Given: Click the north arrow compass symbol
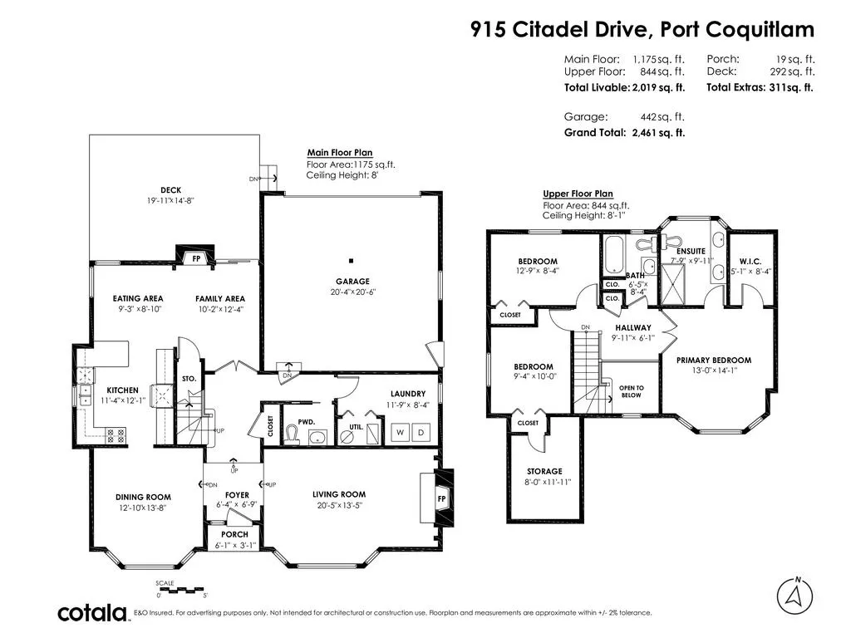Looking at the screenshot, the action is [x=794, y=596].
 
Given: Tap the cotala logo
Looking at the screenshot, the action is [x=92, y=612].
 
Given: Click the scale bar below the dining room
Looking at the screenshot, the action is [x=181, y=589].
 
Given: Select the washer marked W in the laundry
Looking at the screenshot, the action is [x=400, y=432].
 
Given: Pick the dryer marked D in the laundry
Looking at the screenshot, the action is [x=421, y=432].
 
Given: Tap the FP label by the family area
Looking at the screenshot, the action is [x=196, y=259].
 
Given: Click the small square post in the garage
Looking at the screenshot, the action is [x=352, y=261].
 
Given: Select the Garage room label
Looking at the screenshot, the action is [x=352, y=281].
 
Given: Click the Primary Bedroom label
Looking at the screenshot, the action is [x=714, y=361].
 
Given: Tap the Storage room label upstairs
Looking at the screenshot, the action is [x=544, y=472].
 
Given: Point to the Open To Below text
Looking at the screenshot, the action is [x=632, y=392].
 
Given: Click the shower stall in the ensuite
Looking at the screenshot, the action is [x=673, y=284].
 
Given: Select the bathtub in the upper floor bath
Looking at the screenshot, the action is [x=615, y=254].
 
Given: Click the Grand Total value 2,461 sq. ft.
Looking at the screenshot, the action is [x=658, y=132].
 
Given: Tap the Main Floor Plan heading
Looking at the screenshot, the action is [x=340, y=153].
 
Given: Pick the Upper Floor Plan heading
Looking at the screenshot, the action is [x=578, y=194].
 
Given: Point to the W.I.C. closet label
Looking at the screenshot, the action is [x=750, y=262].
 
